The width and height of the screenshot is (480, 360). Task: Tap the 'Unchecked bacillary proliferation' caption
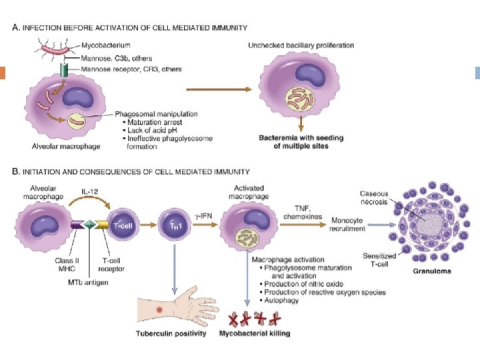coord(301,45)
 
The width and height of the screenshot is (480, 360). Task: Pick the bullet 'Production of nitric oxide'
coord(287,284)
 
